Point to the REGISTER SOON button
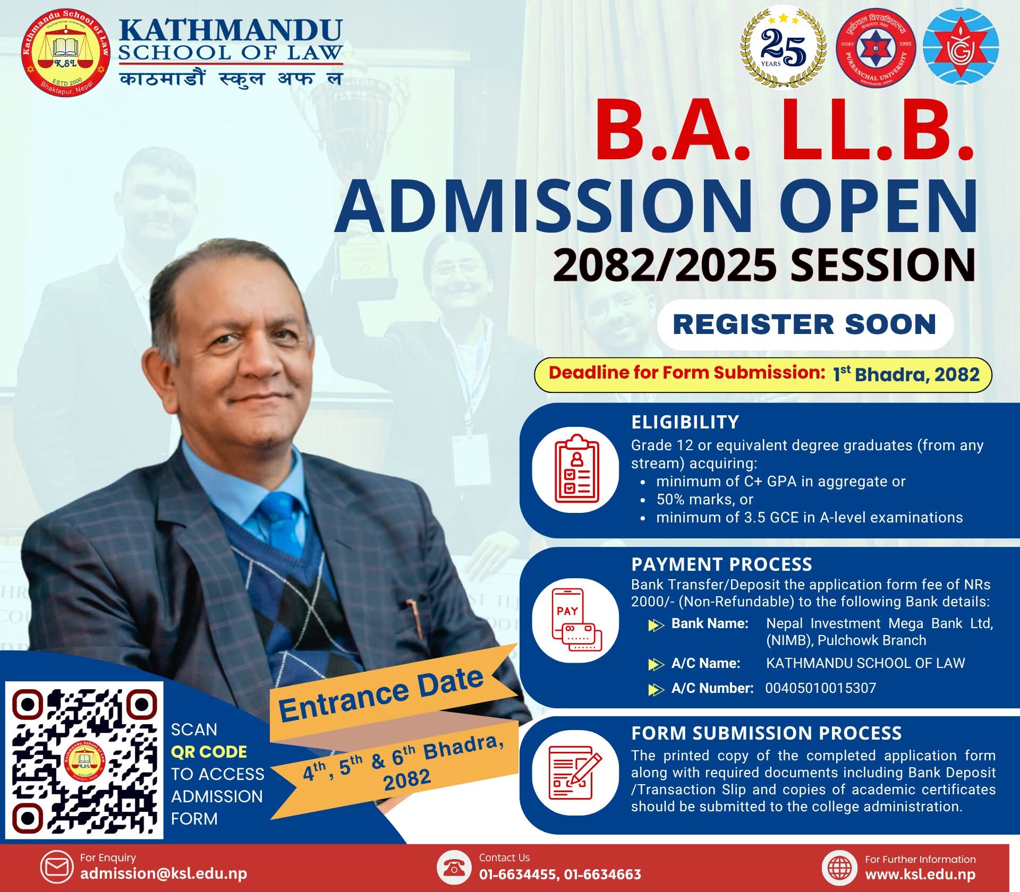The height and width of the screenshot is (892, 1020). coord(805,324)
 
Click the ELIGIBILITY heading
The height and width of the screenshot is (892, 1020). coord(685,422)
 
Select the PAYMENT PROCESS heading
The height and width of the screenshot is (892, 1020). coord(721,564)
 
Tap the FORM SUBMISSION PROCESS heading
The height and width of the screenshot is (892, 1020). coord(766,733)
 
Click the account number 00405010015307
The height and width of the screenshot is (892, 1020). coord(820,688)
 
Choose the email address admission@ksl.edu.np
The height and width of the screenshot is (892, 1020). coord(164,874)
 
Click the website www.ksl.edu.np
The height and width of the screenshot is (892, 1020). coord(920,874)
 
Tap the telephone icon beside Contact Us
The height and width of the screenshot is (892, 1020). coord(454,867)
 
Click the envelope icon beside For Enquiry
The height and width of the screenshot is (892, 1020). coord(57,867)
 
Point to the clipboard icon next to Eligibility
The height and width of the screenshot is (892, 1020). coord(576,469)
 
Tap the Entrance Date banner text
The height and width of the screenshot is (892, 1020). coord(381,694)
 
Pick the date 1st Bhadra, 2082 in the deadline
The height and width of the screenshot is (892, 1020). coord(906,374)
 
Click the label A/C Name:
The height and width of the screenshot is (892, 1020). coord(705,663)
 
